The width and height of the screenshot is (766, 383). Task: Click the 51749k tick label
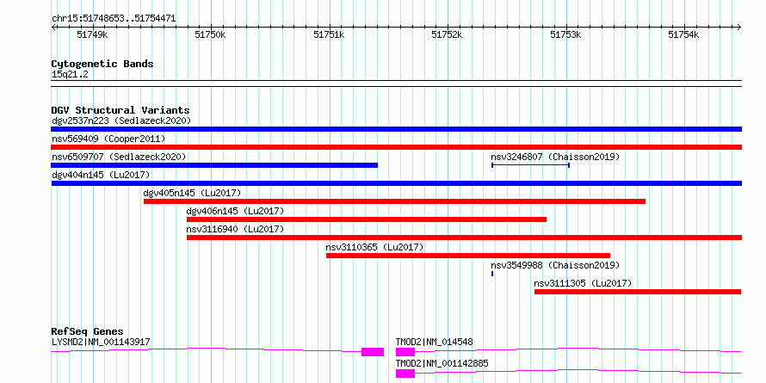92,34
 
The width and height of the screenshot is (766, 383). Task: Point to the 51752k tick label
447,34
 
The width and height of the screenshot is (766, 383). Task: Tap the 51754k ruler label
683,34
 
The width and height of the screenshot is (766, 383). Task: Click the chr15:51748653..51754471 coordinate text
114,19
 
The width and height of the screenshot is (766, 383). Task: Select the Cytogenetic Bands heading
102,64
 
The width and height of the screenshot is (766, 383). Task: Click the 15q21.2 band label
70,75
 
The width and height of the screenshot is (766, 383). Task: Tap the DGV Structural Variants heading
120,110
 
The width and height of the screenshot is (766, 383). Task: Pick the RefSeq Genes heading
87,331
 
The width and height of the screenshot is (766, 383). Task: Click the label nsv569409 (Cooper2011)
108,139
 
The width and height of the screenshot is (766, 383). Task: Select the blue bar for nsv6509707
214,165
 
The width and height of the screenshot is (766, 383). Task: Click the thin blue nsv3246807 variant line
530,165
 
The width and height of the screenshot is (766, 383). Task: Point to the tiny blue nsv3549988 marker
492,274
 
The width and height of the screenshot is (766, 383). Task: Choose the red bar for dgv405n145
395,201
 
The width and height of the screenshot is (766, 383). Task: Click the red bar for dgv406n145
367,219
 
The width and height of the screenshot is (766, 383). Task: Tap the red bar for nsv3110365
468,256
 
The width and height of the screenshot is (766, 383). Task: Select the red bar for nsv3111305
638,292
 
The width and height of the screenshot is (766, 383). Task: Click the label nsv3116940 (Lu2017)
235,229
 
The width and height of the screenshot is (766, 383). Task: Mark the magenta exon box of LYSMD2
373,352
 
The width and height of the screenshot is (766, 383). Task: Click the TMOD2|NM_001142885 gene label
442,363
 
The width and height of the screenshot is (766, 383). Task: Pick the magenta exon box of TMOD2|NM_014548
405,352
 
